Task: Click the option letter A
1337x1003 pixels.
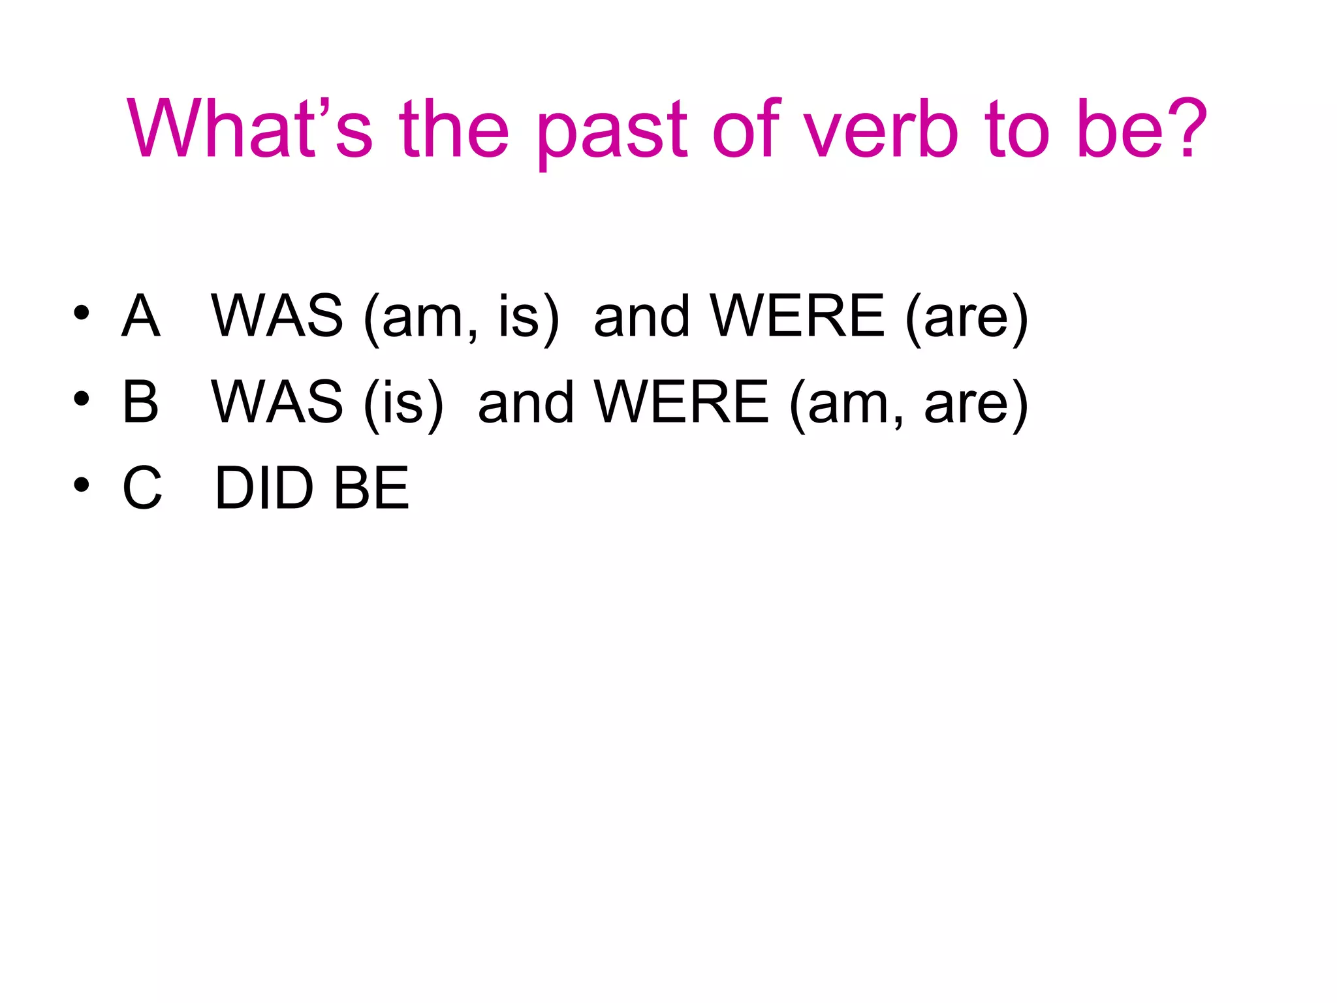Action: pos(140,316)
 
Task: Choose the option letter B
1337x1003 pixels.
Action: pos(140,402)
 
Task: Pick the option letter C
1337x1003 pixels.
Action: pos(142,488)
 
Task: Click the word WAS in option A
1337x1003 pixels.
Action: pos(277,316)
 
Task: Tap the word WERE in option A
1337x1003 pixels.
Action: pos(797,316)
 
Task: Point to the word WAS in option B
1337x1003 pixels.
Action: pos(277,402)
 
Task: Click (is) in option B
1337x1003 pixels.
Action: pos(403,404)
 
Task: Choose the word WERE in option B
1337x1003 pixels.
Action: pos(682,402)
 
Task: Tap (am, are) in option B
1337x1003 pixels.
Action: pos(908,404)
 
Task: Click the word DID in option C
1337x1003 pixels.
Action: pos(264,488)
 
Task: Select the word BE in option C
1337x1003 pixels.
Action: pos(371,488)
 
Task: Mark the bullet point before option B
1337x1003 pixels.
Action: pos(81,398)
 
